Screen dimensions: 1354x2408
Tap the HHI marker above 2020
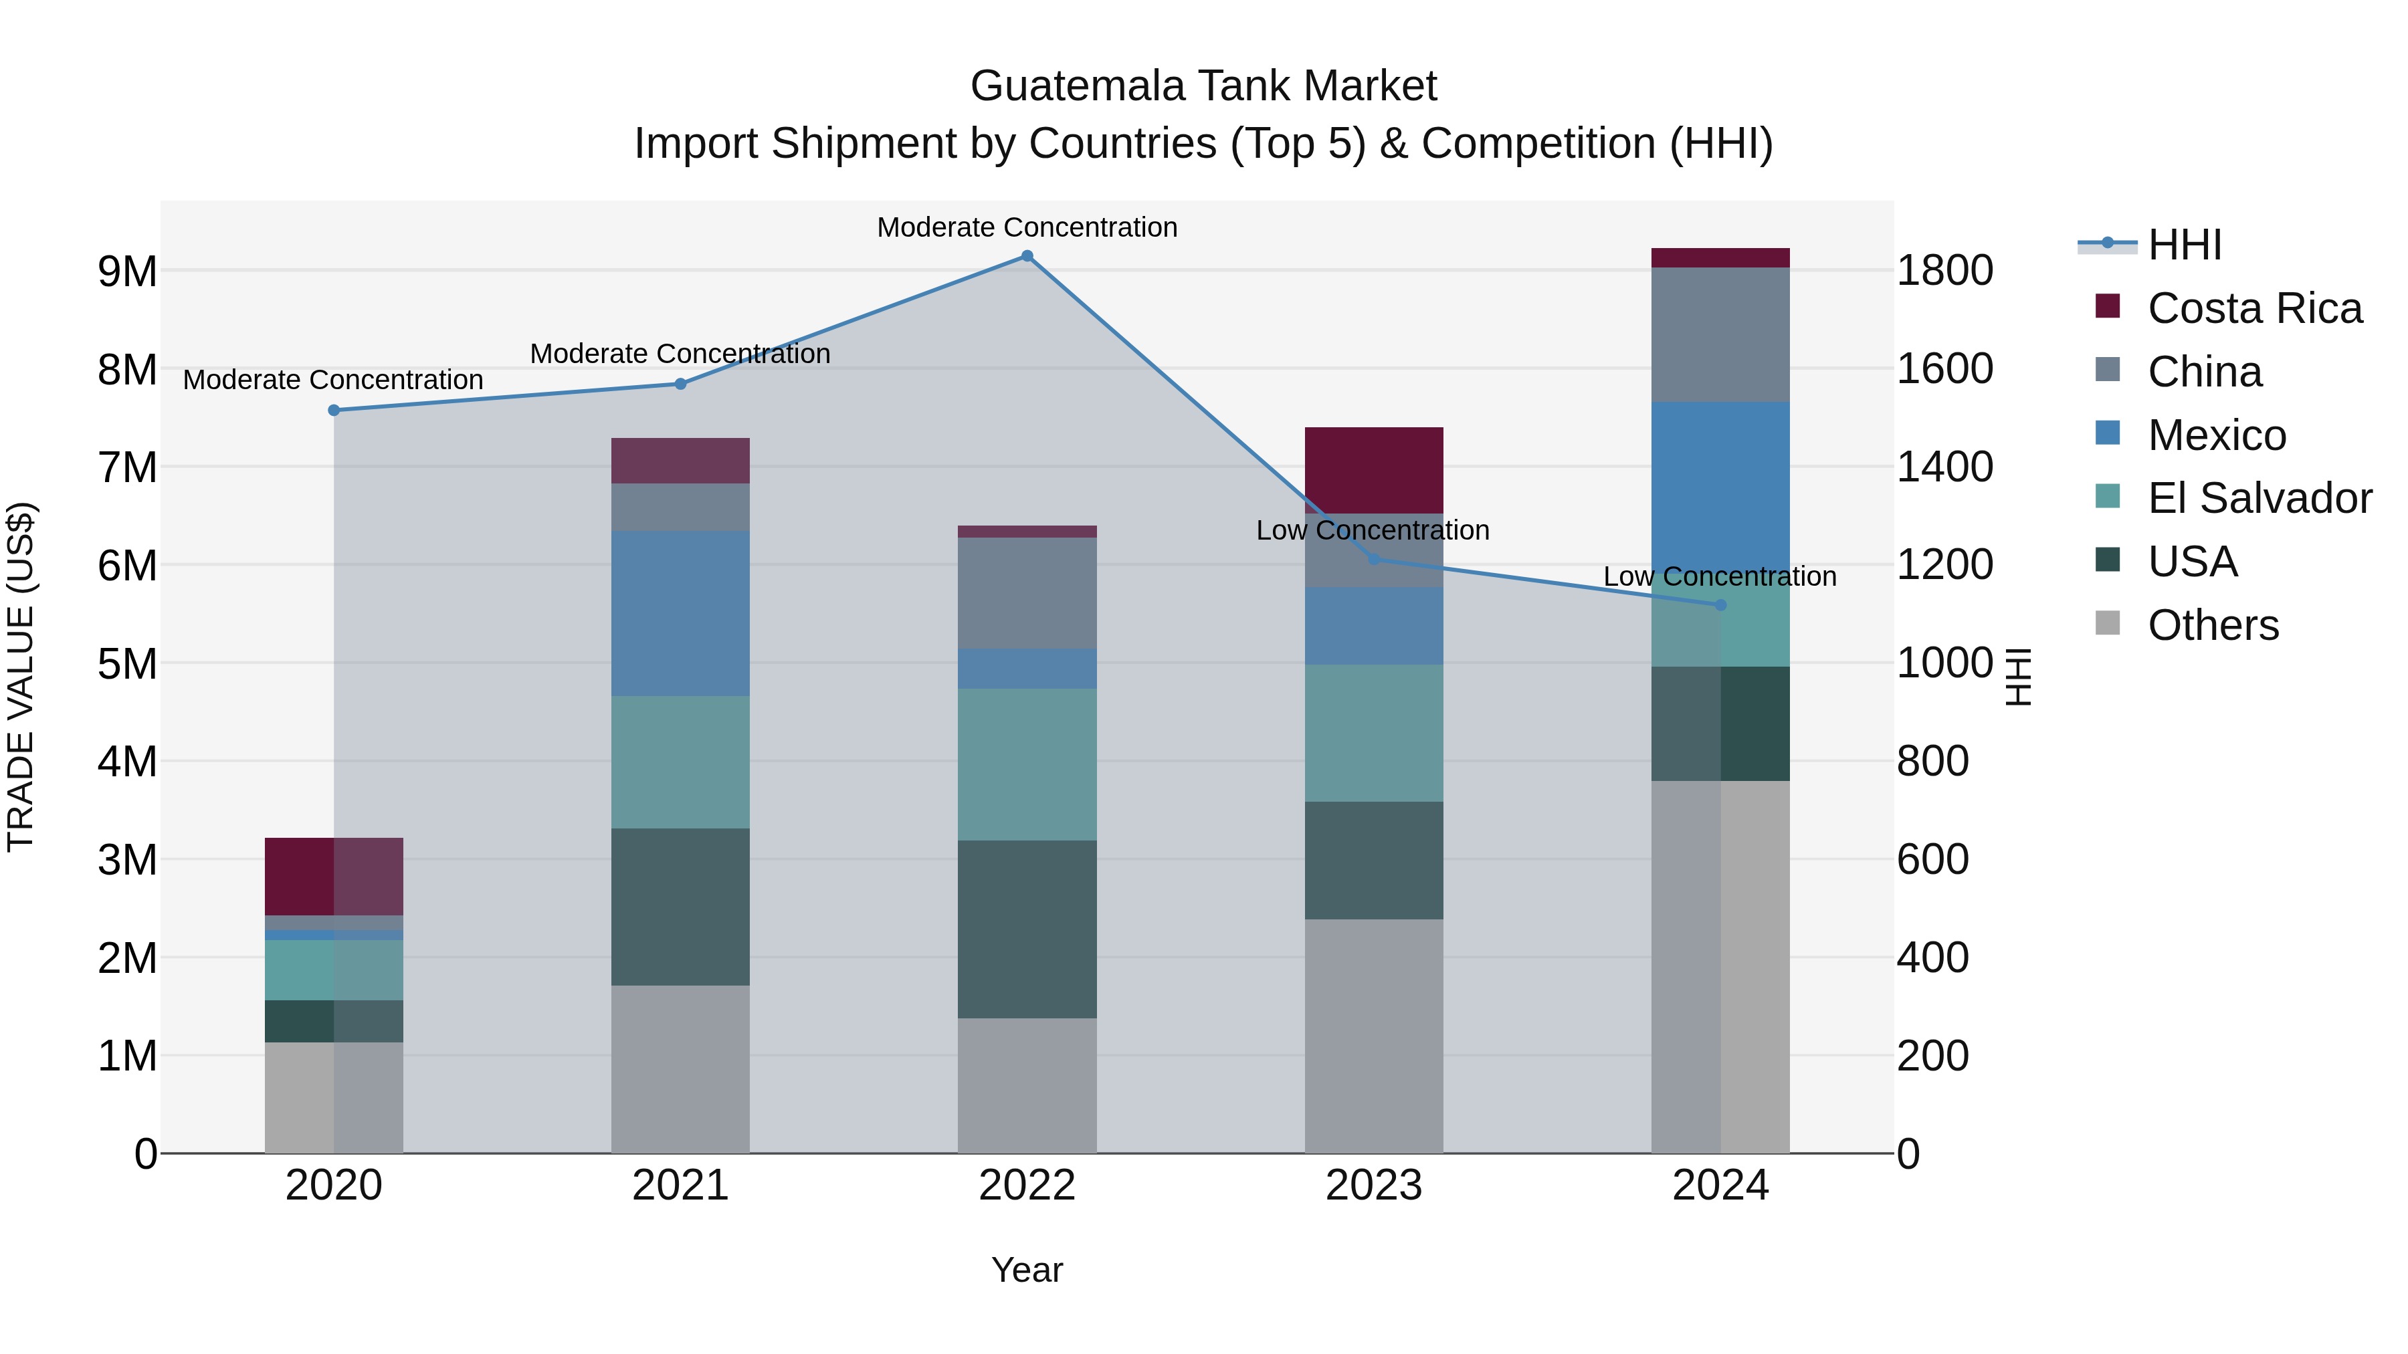pyautogui.click(x=334, y=411)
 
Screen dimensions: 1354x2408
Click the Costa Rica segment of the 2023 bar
pyautogui.click(x=1373, y=470)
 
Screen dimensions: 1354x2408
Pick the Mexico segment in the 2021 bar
pyautogui.click(x=680, y=613)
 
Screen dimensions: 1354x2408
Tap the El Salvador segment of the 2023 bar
pyautogui.click(x=1373, y=733)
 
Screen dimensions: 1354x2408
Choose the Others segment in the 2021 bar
pyautogui.click(x=680, y=1069)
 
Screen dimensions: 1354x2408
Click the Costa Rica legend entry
pyautogui.click(x=2253, y=308)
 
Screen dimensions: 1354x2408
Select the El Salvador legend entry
pyautogui.click(x=2258, y=498)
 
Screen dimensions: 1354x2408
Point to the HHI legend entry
pyautogui.click(x=2184, y=245)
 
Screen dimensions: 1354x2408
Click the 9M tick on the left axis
pyautogui.click(x=127, y=271)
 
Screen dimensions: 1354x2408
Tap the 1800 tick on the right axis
pyautogui.click(x=1944, y=271)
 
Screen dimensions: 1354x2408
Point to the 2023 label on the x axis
pyautogui.click(x=1373, y=1186)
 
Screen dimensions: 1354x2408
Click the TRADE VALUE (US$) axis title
pyautogui.click(x=21, y=677)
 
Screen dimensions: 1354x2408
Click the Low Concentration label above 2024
pyautogui.click(x=1719, y=576)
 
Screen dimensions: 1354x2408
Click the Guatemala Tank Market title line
pyautogui.click(x=1203, y=86)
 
